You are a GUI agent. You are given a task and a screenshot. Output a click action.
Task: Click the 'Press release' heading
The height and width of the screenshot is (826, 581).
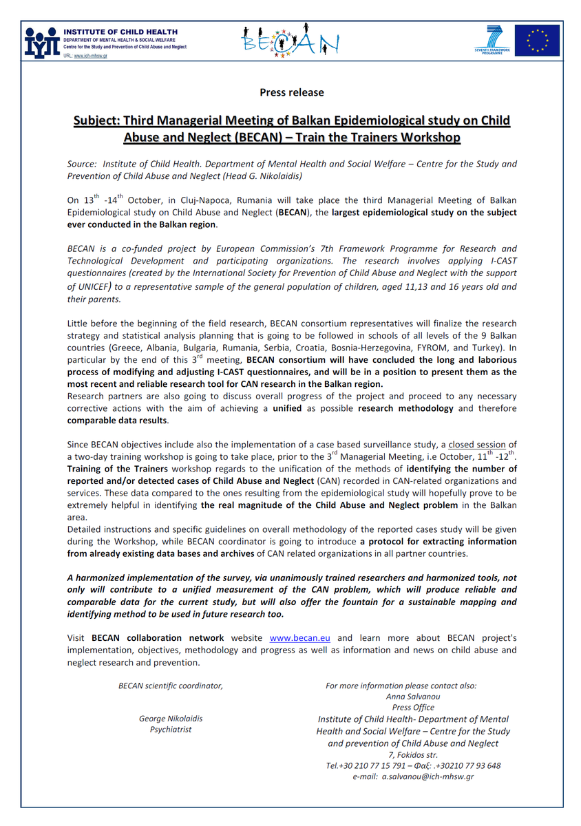click(x=291, y=92)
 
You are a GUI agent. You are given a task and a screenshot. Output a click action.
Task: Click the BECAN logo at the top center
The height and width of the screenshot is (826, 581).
click(x=290, y=41)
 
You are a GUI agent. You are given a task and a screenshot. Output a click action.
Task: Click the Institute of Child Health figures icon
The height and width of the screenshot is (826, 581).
click(x=39, y=42)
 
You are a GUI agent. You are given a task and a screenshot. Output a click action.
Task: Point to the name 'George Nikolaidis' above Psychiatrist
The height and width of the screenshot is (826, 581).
click(x=171, y=719)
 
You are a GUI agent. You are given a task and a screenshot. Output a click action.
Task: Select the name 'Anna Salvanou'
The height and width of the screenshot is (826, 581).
click(x=413, y=697)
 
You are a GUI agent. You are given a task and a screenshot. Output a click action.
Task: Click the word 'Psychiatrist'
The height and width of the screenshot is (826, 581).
click(x=171, y=730)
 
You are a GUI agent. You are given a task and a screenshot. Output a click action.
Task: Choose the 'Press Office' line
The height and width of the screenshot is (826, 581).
click(x=413, y=708)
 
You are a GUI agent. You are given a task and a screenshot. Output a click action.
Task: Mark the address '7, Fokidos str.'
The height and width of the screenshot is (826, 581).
click(x=413, y=754)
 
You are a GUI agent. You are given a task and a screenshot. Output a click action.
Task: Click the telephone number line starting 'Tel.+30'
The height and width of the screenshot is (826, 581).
click(x=413, y=765)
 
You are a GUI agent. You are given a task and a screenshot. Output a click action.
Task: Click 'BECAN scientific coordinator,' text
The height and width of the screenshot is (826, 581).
click(x=171, y=686)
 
